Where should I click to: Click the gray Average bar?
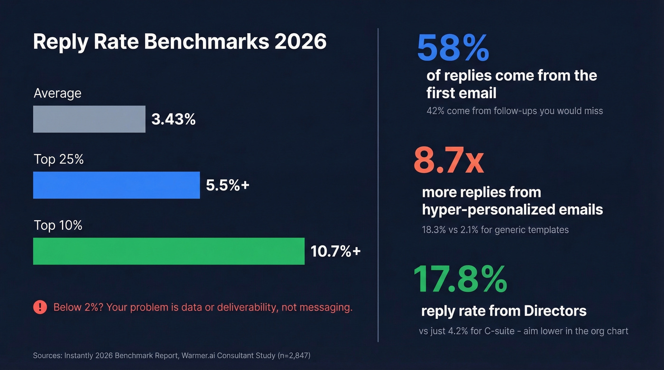[x=89, y=119]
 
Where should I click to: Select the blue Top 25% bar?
[x=116, y=185]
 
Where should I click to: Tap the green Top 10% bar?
[x=168, y=251]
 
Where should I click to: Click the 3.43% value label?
[x=174, y=119]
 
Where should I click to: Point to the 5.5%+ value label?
[x=228, y=185]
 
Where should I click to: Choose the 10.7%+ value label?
[x=335, y=251]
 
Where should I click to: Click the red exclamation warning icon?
[x=40, y=307]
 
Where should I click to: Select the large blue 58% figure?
[x=452, y=48]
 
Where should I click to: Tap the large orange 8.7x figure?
[x=448, y=161]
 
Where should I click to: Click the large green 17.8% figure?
[x=460, y=280]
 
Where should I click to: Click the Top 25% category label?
[x=58, y=160]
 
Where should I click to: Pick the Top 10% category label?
[x=58, y=226]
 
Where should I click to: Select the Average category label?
[x=57, y=93]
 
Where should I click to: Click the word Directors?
[x=555, y=311]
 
